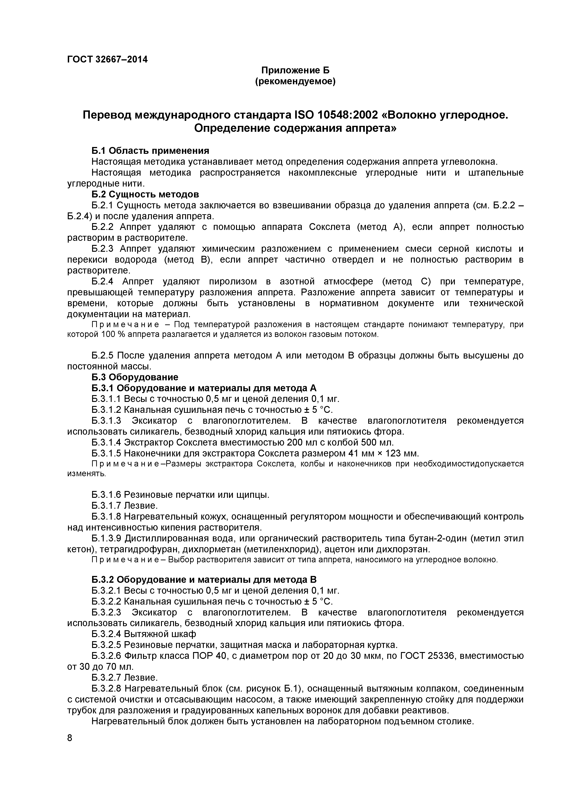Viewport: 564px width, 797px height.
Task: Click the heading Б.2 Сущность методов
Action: [145, 194]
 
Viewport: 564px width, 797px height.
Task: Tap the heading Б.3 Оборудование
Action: [135, 377]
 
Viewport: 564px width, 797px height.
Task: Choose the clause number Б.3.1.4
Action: [107, 443]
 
